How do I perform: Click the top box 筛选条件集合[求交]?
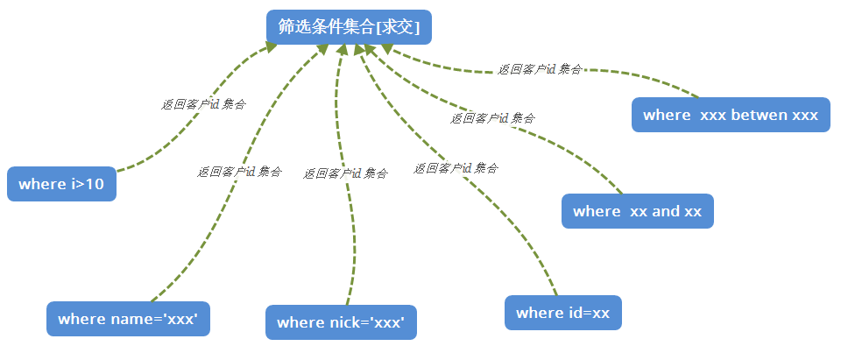click(x=349, y=27)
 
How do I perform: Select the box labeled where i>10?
click(x=61, y=184)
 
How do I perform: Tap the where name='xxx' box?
click(x=128, y=319)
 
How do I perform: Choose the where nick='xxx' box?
click(x=340, y=322)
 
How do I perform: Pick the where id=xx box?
click(x=562, y=313)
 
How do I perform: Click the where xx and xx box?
click(x=637, y=211)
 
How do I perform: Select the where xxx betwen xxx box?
click(x=730, y=115)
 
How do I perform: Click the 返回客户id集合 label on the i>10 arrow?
click(x=203, y=103)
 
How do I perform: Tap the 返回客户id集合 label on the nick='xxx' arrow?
click(x=345, y=173)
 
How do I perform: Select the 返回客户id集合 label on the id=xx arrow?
click(x=456, y=168)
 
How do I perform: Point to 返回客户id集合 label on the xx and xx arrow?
click(x=492, y=117)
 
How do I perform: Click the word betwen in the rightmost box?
click(x=759, y=115)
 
